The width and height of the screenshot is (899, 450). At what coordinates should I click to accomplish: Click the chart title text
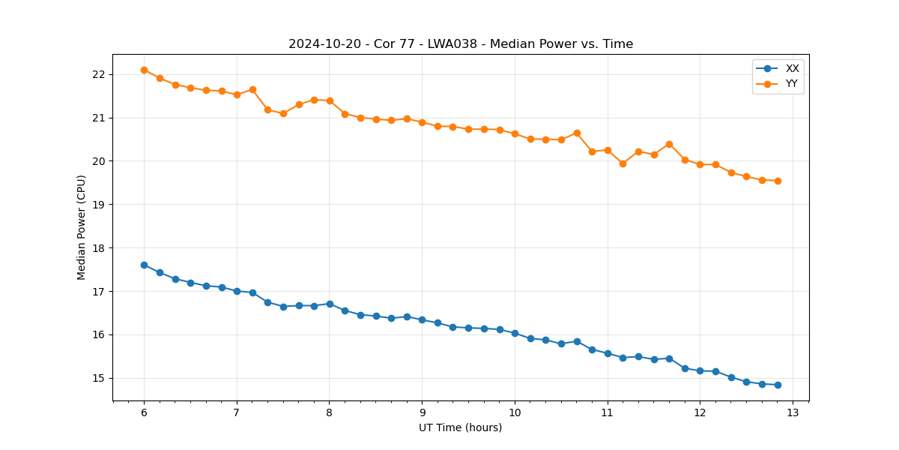(x=461, y=44)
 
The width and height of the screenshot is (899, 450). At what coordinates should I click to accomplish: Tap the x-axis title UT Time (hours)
(x=460, y=427)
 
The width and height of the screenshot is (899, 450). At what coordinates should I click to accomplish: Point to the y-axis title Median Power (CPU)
(x=82, y=227)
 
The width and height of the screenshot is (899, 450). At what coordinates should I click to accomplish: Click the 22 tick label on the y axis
(x=100, y=74)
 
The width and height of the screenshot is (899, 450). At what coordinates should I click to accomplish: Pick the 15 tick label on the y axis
(x=100, y=378)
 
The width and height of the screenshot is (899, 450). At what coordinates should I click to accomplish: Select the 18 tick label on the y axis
(x=100, y=248)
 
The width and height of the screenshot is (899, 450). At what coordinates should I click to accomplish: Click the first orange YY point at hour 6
(x=144, y=70)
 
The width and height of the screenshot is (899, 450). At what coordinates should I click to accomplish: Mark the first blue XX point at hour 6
(x=144, y=265)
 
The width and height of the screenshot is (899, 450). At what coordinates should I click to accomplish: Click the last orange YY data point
(x=778, y=181)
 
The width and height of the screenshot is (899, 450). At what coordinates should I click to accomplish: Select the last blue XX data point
(x=778, y=385)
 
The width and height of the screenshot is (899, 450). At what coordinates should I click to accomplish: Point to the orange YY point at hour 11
(x=608, y=150)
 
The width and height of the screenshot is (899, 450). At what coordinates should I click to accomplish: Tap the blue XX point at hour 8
(x=330, y=304)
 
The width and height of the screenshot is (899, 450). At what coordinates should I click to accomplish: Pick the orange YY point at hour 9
(x=422, y=122)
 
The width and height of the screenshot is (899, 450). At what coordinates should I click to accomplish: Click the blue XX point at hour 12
(x=700, y=370)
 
